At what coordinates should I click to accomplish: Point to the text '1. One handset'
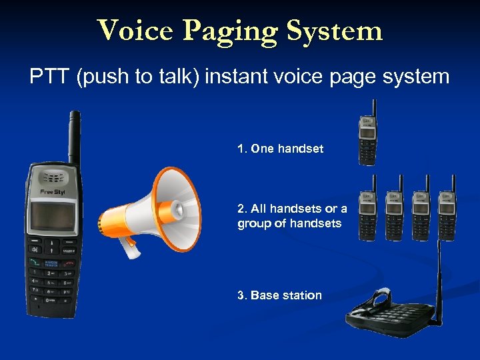point(280,149)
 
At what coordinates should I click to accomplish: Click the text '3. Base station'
point(279,295)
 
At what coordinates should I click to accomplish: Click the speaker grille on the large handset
point(53,177)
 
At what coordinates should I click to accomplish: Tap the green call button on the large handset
point(33,263)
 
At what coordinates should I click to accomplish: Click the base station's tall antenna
point(439,273)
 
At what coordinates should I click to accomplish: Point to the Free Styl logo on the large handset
point(53,193)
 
